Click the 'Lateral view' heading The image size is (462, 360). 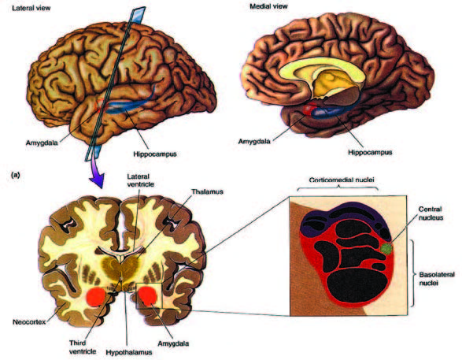31,8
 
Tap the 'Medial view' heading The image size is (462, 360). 268,6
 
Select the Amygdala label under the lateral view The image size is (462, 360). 42,143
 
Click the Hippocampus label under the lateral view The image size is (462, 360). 155,154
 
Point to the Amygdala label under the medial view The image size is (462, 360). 254,141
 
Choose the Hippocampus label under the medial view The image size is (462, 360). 370,153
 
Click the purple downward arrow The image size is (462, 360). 97,176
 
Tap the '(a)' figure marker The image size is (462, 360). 15,175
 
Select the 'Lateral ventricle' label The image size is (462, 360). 140,180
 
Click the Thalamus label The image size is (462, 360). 208,191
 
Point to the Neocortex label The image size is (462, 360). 29,322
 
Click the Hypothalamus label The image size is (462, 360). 129,352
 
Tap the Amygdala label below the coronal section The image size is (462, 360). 173,343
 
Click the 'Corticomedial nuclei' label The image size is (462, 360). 342,180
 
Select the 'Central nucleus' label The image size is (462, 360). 431,213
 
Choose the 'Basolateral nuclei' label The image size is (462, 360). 437,279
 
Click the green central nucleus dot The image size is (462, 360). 386,249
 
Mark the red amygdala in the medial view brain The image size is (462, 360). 309,109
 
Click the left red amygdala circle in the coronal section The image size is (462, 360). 96,297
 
